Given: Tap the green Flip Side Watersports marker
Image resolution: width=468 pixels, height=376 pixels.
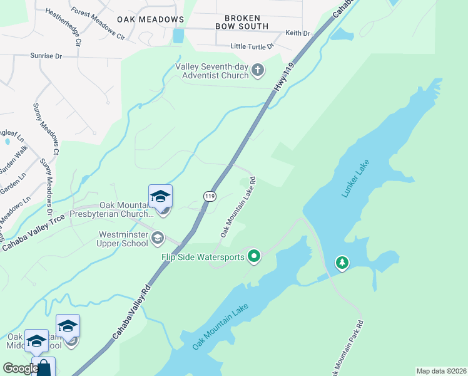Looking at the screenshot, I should [253, 256].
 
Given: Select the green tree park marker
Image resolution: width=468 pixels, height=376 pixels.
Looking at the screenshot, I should [342, 262].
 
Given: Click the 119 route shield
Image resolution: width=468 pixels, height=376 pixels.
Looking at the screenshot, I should [210, 196].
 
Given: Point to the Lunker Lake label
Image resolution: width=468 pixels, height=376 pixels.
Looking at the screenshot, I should [356, 179].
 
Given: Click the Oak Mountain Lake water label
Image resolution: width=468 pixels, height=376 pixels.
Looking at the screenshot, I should [220, 326].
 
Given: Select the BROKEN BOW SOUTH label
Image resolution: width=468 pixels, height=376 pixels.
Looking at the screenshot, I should [242, 22].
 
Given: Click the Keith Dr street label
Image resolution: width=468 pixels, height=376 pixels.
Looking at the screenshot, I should [298, 33].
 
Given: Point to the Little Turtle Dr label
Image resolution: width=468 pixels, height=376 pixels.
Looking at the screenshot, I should [252, 46].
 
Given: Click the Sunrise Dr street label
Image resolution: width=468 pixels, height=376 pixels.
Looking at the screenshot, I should [46, 56].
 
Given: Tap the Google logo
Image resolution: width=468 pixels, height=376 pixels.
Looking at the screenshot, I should [20, 368].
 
